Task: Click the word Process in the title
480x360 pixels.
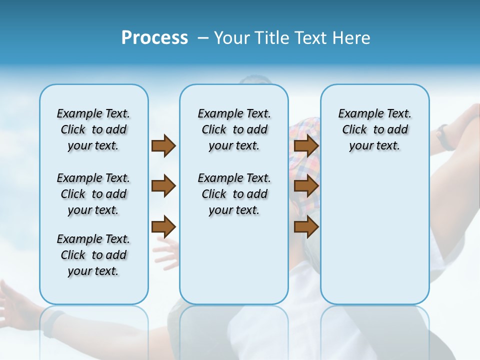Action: (x=154, y=38)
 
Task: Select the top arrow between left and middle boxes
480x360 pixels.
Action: (x=163, y=145)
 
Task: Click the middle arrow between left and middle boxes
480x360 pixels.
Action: (x=163, y=186)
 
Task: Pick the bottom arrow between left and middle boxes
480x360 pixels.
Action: (x=163, y=227)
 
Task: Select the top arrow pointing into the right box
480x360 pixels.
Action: (x=306, y=145)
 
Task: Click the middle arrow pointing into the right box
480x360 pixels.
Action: (x=306, y=186)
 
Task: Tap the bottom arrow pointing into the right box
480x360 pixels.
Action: (x=306, y=227)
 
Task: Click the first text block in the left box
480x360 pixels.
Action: (x=93, y=129)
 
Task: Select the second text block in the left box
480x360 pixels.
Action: (x=93, y=194)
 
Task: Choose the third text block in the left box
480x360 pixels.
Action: (x=93, y=255)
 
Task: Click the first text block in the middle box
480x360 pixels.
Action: (x=234, y=129)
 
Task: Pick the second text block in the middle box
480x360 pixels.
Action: (x=234, y=194)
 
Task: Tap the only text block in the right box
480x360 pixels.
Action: (x=374, y=129)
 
